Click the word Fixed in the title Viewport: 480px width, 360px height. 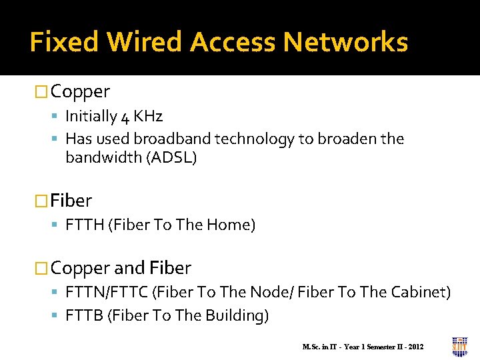tap(64, 42)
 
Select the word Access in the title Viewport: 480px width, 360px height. tap(233, 42)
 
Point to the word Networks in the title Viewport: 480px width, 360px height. tap(345, 42)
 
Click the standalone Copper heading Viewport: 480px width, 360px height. tap(80, 91)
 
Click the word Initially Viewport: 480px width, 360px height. tap(91, 117)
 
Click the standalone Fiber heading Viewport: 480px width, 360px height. tap(71, 201)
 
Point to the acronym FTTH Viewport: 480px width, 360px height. tap(84, 225)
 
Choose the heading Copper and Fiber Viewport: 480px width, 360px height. tap(121, 268)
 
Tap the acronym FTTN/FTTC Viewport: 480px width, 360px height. tap(107, 293)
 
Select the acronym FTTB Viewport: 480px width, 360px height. tap(83, 315)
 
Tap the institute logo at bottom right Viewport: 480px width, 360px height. tap(460, 345)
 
